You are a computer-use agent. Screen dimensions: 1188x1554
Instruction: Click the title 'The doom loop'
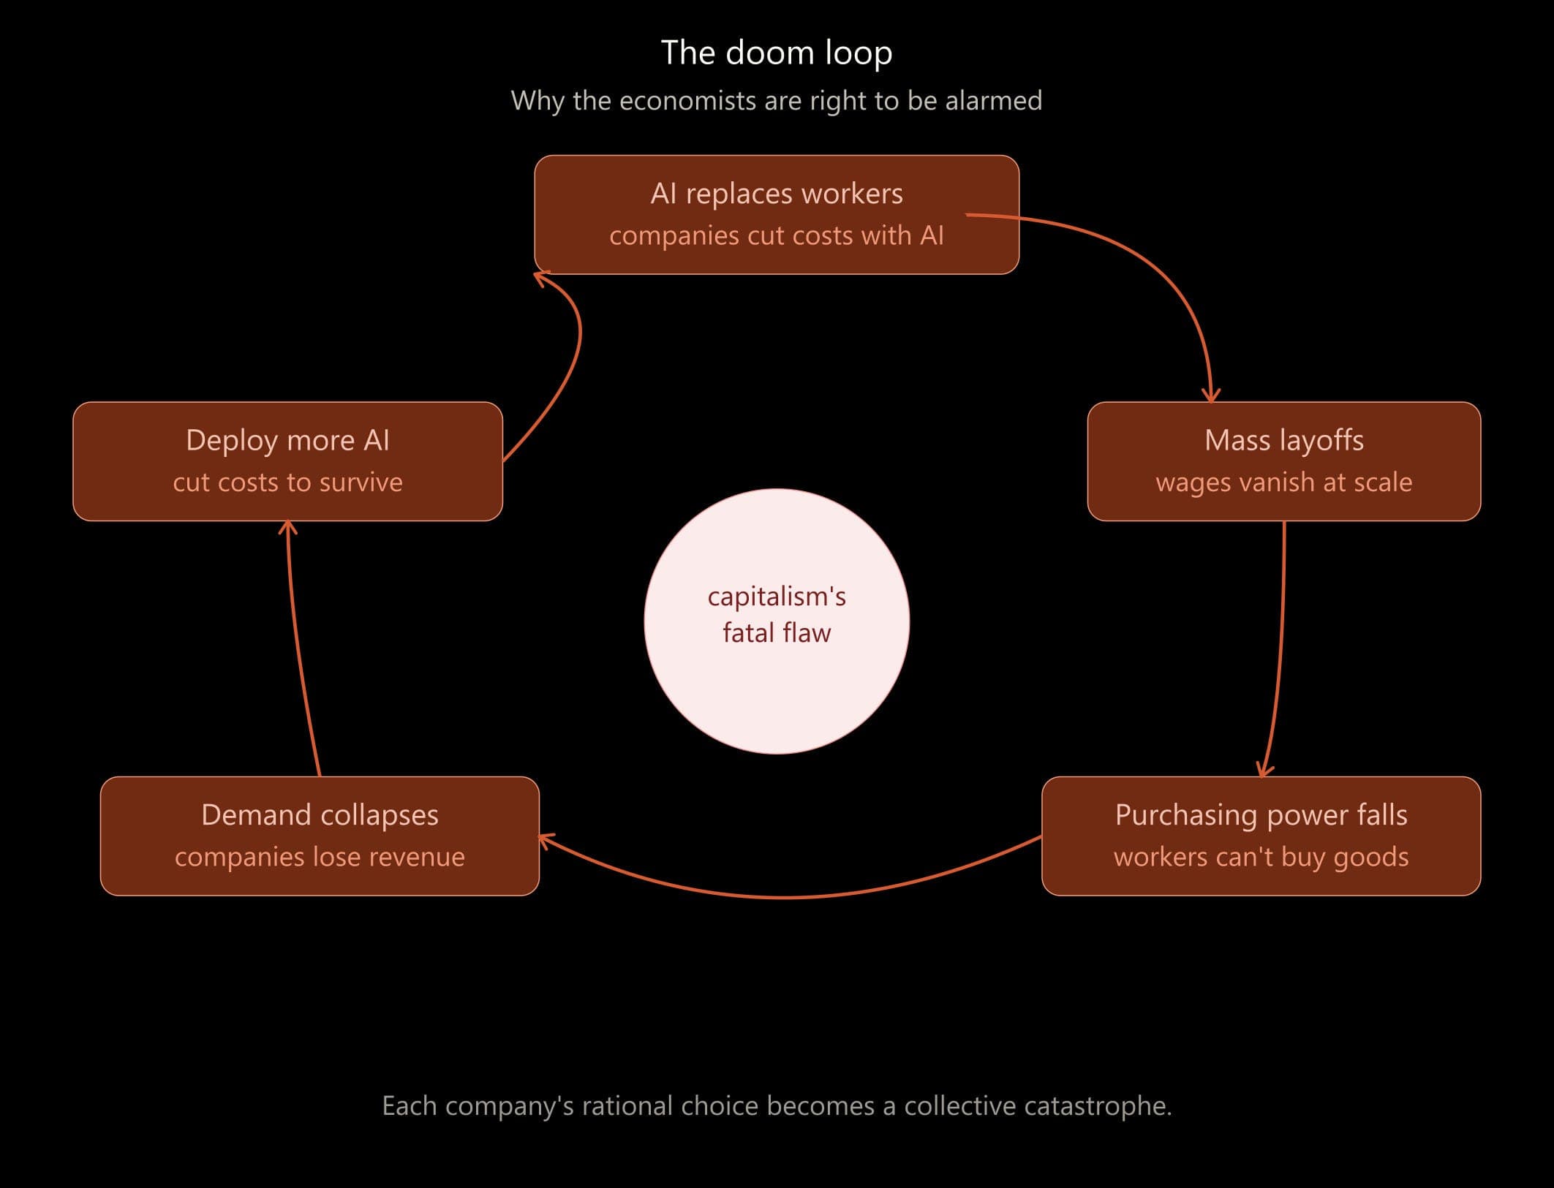(x=776, y=53)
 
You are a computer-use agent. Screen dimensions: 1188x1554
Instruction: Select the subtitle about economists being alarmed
(x=776, y=100)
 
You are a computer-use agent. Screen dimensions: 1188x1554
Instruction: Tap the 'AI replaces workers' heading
(x=776, y=194)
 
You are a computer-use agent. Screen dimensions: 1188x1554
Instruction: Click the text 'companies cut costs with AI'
(x=776, y=235)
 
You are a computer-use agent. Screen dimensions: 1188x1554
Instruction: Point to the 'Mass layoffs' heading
(x=1283, y=440)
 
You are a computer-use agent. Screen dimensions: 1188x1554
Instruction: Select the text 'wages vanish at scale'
(x=1283, y=483)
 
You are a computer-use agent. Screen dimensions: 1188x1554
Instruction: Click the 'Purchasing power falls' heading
(x=1261, y=814)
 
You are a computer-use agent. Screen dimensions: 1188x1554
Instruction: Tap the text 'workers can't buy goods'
(x=1261, y=857)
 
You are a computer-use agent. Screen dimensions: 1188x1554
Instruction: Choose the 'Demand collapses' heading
(x=320, y=814)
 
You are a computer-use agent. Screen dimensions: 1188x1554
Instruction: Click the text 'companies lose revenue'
(x=320, y=857)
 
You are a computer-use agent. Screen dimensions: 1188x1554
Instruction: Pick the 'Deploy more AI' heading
(x=287, y=440)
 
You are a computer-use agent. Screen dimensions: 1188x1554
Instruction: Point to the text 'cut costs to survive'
(x=287, y=483)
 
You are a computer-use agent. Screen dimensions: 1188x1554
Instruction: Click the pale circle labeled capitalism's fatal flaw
(x=777, y=687)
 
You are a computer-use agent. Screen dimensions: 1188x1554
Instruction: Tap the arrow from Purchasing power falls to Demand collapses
(x=786, y=897)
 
